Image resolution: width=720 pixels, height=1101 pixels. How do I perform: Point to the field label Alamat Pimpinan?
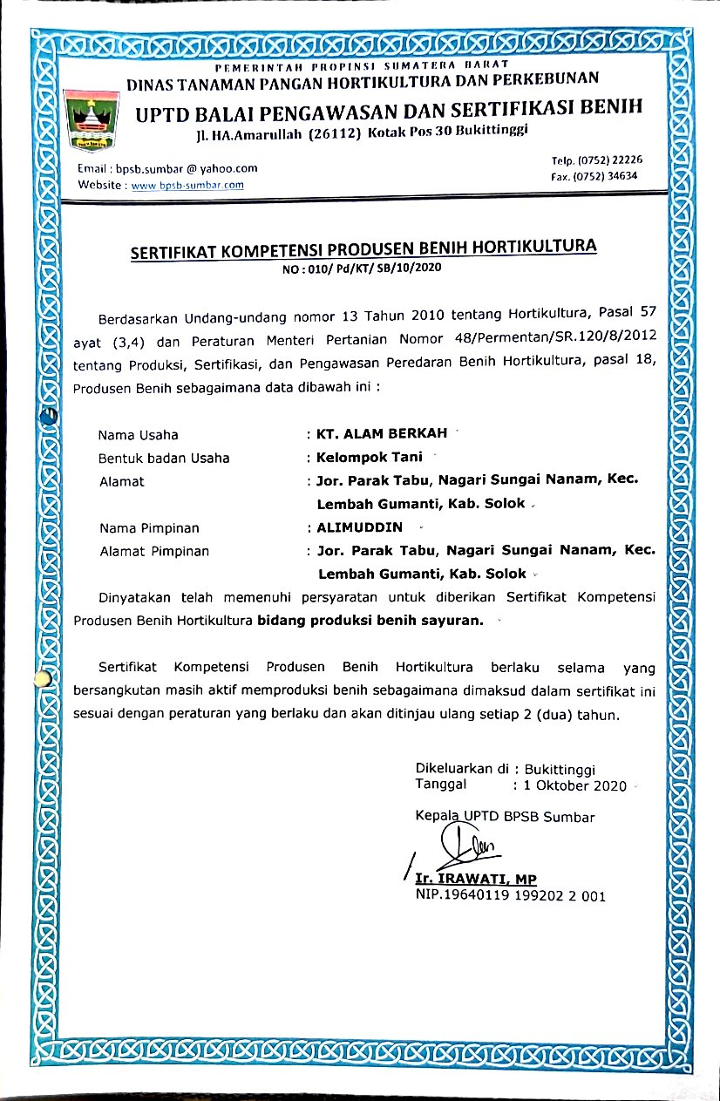(154, 551)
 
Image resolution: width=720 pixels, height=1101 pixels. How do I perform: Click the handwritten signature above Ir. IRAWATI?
(458, 846)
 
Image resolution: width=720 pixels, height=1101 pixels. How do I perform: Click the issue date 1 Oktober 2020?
(574, 786)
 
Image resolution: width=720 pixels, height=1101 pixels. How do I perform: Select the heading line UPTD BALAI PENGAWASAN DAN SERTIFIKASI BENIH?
(389, 110)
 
